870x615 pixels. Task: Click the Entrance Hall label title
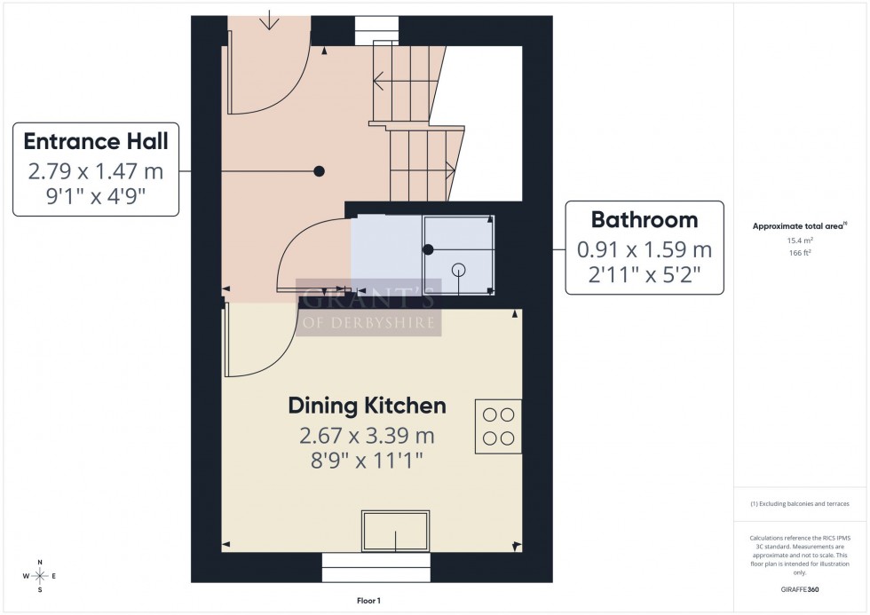[96, 141]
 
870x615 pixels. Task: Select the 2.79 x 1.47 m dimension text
[96, 170]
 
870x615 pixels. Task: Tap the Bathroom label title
[645, 219]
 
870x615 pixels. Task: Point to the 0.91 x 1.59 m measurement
[645, 249]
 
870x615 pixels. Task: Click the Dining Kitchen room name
[367, 406]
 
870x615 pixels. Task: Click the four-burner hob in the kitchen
[499, 427]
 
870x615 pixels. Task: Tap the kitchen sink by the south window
[395, 531]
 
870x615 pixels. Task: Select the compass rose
[40, 576]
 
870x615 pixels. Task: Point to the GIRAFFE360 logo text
[801, 589]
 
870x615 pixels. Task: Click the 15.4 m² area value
[801, 240]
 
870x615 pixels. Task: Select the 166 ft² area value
[801, 252]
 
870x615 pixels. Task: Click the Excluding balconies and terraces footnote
[801, 503]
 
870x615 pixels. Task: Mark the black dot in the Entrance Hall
[319, 171]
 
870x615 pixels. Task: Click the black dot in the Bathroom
[428, 250]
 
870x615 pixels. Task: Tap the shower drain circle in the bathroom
[458, 270]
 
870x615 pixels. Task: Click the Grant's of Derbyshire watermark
[368, 307]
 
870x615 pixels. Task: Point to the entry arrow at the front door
[269, 20]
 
